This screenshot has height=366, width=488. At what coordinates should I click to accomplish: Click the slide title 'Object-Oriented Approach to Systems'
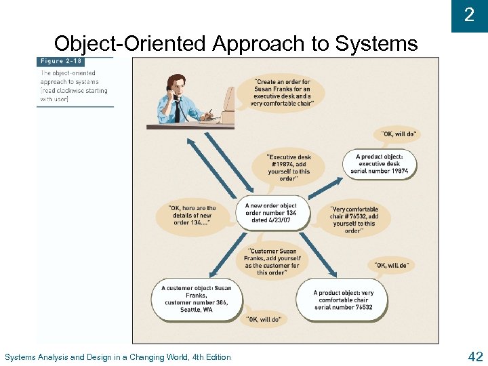tap(236, 43)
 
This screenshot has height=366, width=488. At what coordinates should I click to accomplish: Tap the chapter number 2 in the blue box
tap(469, 15)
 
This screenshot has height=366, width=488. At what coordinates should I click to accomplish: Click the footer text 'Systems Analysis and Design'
tap(117, 357)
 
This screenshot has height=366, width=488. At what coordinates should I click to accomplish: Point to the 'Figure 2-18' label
tap(61, 62)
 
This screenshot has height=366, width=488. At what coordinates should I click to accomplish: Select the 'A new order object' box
tap(270, 212)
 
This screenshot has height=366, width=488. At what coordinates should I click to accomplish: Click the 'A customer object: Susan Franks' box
tap(195, 298)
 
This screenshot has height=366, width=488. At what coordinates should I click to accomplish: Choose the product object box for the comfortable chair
tap(343, 299)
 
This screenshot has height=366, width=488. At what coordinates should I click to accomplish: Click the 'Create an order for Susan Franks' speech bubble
tap(282, 94)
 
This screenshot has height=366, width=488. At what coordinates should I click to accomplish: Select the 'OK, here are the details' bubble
tap(192, 216)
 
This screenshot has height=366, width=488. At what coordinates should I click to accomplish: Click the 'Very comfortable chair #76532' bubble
tap(354, 220)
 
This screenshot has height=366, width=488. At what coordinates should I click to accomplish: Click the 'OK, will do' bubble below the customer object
tap(263, 319)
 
